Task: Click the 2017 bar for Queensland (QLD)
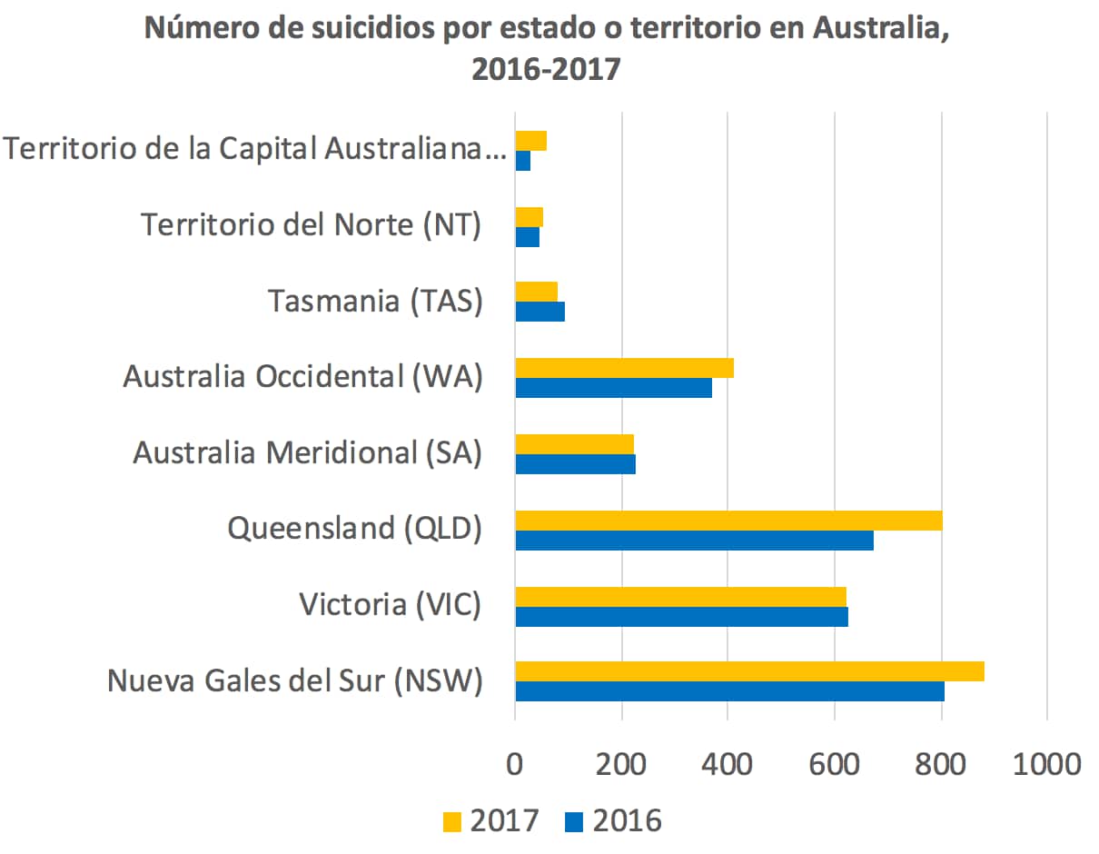pyautogui.click(x=728, y=521)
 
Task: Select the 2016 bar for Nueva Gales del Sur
pyautogui.click(x=729, y=691)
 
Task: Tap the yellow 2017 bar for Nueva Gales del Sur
pyautogui.click(x=749, y=671)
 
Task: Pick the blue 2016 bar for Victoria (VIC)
pyautogui.click(x=681, y=616)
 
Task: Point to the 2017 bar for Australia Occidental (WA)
pyautogui.click(x=624, y=368)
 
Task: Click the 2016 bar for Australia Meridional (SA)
pyautogui.click(x=575, y=464)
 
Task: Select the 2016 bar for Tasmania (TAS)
pyautogui.click(x=540, y=312)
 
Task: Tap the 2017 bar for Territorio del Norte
pyautogui.click(x=529, y=217)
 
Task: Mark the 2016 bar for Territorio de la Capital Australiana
pyautogui.click(x=522, y=161)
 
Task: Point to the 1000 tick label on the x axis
pyautogui.click(x=1046, y=763)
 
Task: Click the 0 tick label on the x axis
pyautogui.click(x=515, y=763)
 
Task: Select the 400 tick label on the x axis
pyautogui.click(x=728, y=763)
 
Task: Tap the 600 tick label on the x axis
pyautogui.click(x=834, y=763)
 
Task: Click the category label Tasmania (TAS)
pyautogui.click(x=374, y=301)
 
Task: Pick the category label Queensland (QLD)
pyautogui.click(x=354, y=528)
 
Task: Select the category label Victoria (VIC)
pyautogui.click(x=390, y=603)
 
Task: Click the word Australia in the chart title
pyautogui.click(x=880, y=29)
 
